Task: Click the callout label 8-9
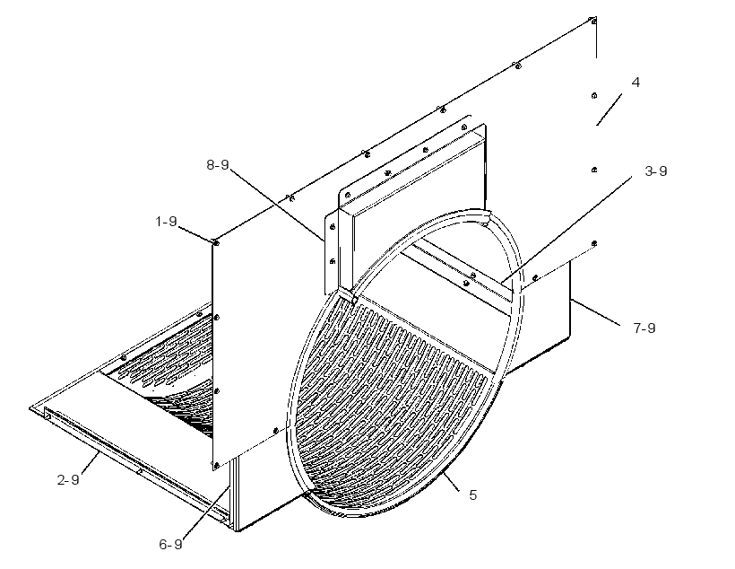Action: pos(218,165)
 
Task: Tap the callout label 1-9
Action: pos(167,221)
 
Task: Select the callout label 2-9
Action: pos(68,480)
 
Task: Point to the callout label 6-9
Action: pos(170,544)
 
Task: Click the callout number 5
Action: pos(473,495)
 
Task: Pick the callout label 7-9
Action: pos(644,328)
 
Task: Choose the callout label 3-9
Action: pos(656,171)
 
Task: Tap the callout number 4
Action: pos(636,83)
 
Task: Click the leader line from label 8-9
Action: pos(277,206)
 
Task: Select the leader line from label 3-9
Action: pos(566,230)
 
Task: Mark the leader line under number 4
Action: pos(609,109)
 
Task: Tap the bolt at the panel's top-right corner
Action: pos(592,20)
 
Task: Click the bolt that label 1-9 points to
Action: pos(216,242)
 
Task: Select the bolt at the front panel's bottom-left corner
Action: pos(216,466)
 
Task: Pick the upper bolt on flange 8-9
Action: pos(333,227)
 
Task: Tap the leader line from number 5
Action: pos(449,481)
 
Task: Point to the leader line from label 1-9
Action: pos(195,233)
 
